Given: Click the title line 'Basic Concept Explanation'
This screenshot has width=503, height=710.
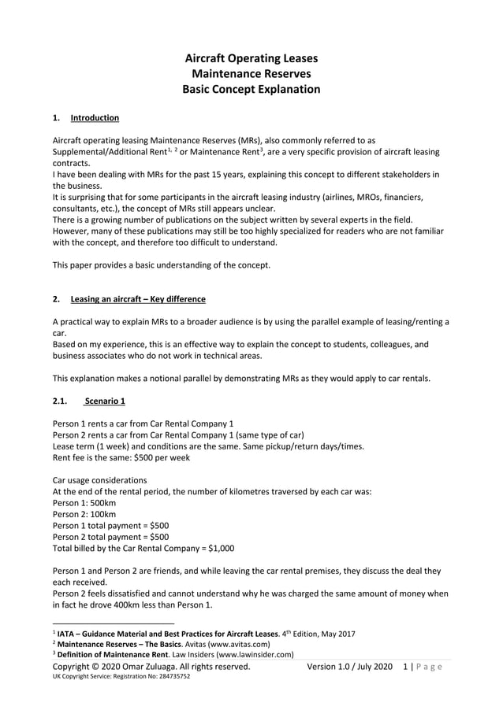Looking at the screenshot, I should point(251,90).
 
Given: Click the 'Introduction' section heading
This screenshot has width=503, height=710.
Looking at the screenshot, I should point(95,119).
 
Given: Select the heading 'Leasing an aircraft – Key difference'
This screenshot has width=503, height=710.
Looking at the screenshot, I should point(138,299).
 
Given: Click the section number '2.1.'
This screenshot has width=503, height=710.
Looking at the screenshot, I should point(61,401).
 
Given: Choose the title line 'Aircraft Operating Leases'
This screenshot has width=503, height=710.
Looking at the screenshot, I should point(251,58).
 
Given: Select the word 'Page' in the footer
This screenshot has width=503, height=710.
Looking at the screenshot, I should point(427,667).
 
